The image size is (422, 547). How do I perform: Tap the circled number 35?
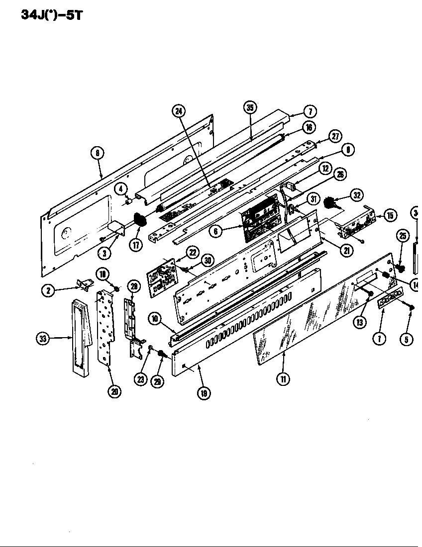pyautogui.click(x=250, y=107)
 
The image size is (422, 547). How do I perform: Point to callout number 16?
pyautogui.click(x=309, y=128)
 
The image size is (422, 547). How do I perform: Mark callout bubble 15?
pyautogui.click(x=390, y=215)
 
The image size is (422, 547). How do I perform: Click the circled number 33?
pyautogui.click(x=43, y=339)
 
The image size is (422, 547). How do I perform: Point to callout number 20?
pyautogui.click(x=114, y=391)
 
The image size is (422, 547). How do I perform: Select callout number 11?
pyautogui.click(x=283, y=379)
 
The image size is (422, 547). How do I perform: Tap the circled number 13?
pyautogui.click(x=360, y=322)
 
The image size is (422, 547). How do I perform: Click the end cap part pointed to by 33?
pyautogui.click(x=80, y=336)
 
